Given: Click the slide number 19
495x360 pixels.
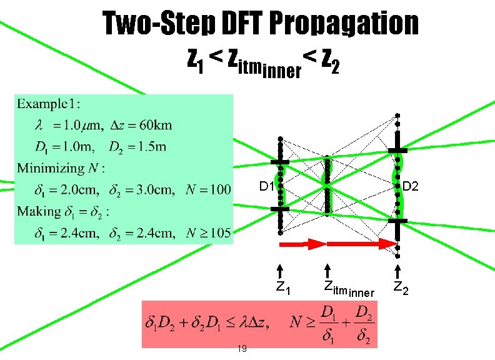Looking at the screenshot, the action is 241,348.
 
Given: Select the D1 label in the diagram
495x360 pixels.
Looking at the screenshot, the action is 266,187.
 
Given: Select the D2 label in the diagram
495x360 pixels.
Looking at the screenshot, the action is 411,186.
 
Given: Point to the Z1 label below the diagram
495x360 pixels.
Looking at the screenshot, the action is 283,289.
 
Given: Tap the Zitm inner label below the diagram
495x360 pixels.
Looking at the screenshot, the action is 348,289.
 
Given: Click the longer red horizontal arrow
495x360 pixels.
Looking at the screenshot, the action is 360,244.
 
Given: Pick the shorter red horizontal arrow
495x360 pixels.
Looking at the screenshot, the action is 301,244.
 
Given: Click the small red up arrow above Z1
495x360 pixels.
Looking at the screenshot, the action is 281,271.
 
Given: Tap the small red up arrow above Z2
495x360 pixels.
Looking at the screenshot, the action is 398,271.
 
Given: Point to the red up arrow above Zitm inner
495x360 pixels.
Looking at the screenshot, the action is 328,271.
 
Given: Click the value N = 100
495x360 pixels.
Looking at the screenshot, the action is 208,189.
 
